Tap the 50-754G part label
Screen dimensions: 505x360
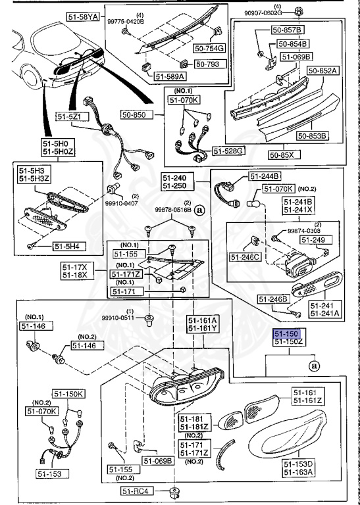point(210,47)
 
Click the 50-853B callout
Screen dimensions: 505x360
point(312,136)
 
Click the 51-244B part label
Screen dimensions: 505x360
point(265,176)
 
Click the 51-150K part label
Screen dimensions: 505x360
point(69,394)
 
